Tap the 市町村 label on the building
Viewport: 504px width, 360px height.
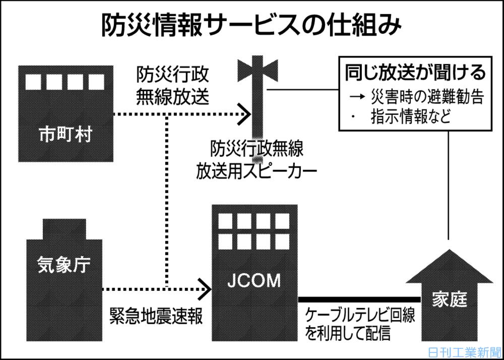66,135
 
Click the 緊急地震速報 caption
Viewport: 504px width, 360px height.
156,317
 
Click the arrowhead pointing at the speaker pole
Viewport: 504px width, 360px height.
244,114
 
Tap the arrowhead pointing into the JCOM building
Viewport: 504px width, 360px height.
205,289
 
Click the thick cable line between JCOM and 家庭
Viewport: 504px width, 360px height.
359,299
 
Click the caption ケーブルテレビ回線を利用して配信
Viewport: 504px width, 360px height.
359,325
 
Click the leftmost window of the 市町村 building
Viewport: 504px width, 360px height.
33,82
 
